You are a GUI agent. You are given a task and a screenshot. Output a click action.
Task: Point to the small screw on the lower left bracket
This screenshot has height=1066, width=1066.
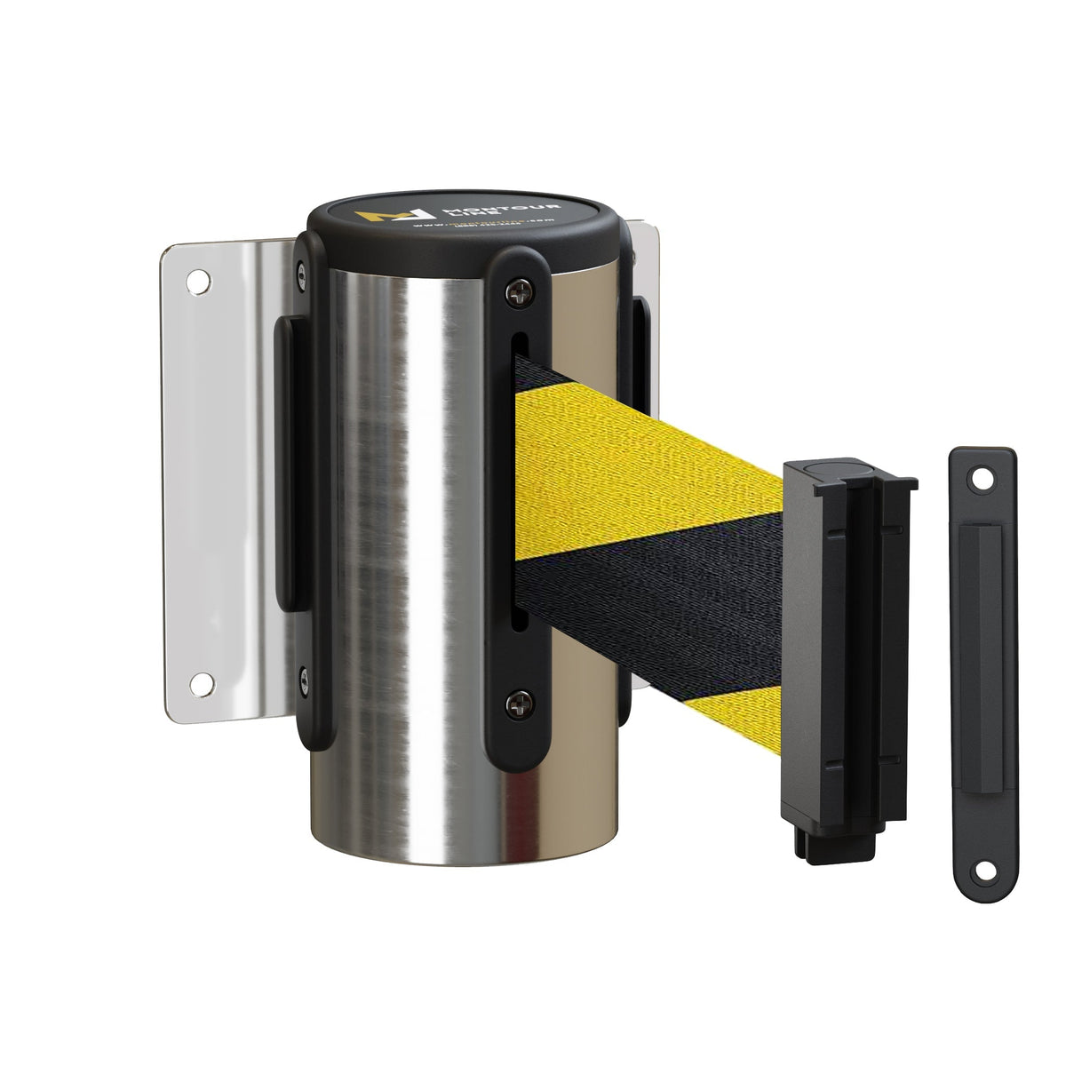pyautogui.click(x=306, y=680)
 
